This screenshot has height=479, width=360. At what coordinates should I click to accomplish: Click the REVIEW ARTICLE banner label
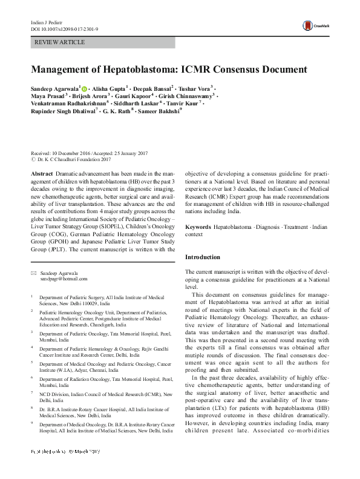61,42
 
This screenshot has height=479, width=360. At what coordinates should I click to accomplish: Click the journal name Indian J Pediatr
47,22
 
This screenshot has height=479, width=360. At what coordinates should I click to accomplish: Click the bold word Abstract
42,174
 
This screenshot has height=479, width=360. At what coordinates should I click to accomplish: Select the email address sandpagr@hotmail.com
63,279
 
